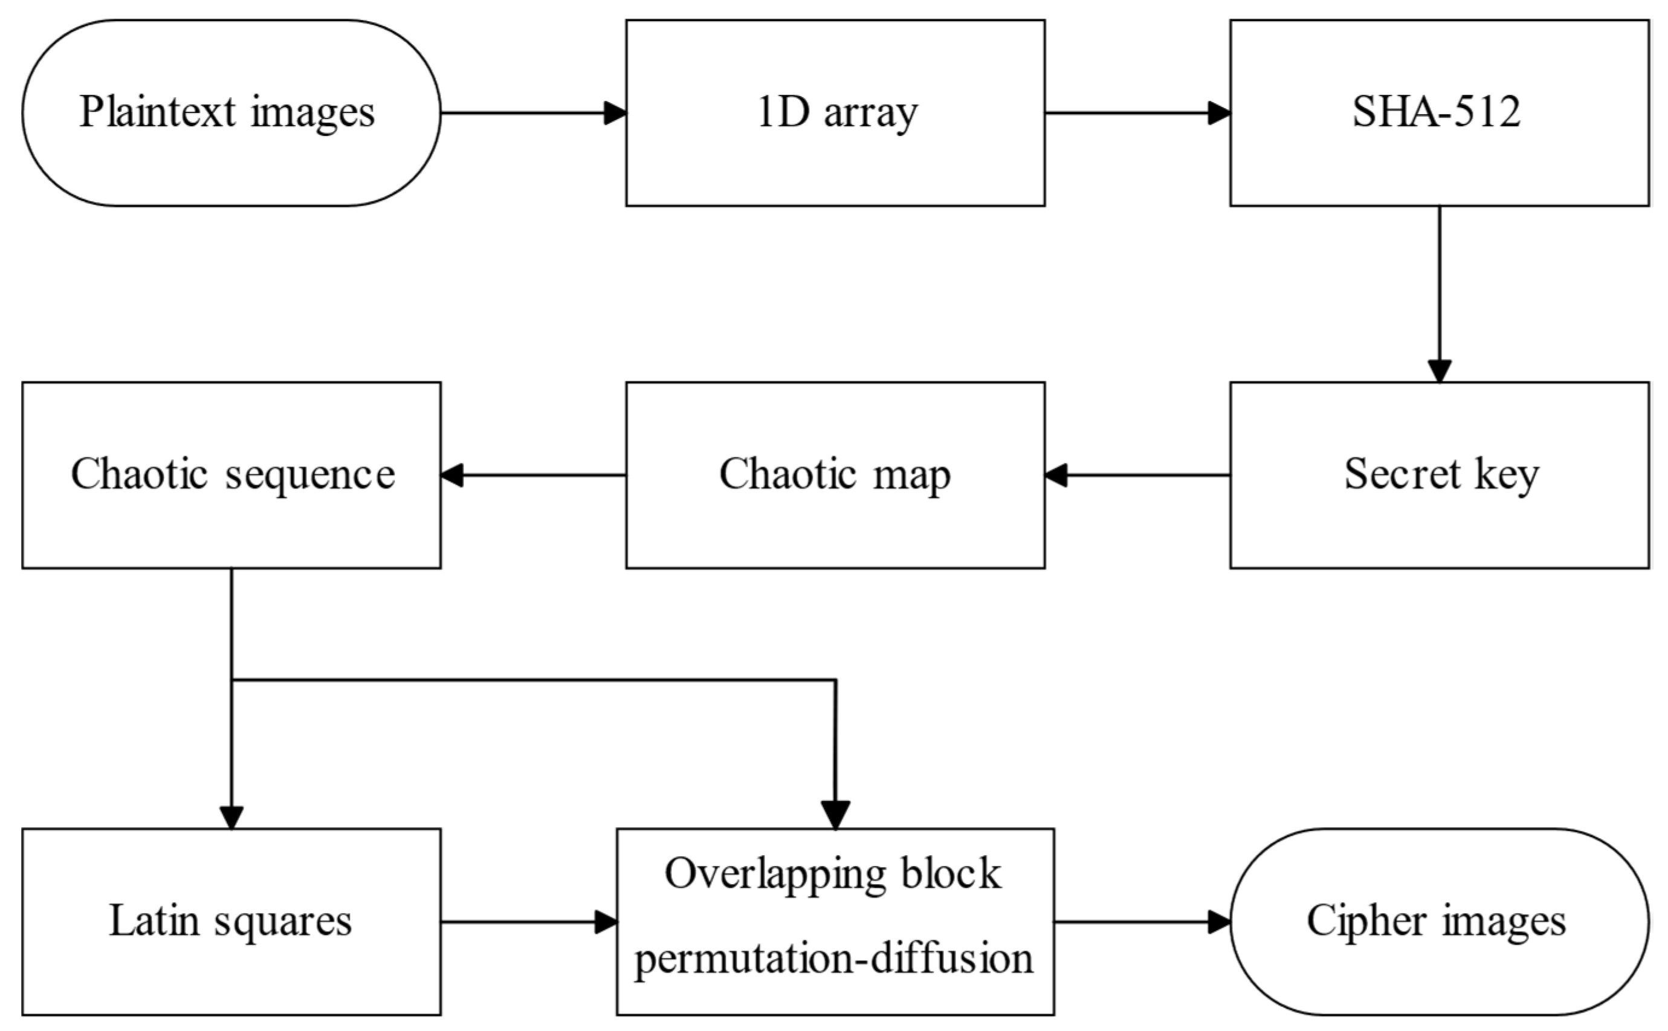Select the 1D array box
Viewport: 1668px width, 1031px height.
point(835,112)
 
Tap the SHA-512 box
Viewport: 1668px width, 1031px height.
point(1439,112)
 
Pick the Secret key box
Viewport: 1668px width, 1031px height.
point(1439,475)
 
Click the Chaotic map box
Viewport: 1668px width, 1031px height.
point(835,475)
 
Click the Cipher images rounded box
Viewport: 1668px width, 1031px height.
point(1439,922)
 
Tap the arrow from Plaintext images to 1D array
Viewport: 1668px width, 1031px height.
point(532,113)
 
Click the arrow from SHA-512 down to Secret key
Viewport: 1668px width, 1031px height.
point(1440,293)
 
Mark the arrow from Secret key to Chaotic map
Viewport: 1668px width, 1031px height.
point(1137,475)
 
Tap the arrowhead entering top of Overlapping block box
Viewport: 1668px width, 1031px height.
point(835,814)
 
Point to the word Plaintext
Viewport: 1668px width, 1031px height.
point(158,112)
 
